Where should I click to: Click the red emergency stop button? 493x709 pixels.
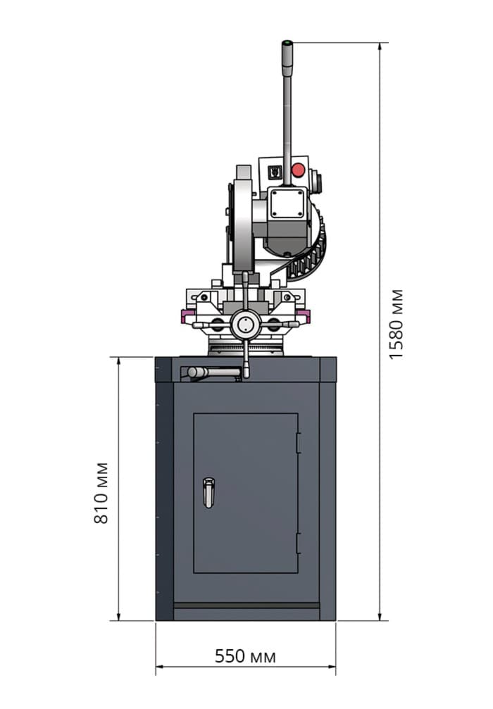pos(298,170)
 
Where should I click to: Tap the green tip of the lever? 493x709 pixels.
pos(287,43)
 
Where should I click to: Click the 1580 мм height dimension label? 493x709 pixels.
pos(397,324)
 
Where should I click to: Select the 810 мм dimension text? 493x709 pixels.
pos(101,493)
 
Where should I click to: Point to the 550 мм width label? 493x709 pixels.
pos(245,656)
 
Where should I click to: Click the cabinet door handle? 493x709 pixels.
pos(208,492)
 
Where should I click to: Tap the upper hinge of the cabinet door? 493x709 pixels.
pos(299,443)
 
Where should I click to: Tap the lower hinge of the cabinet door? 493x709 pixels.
pos(299,544)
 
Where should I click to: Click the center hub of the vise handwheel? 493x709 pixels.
pos(245,324)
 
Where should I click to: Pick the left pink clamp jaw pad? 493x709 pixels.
pos(187,315)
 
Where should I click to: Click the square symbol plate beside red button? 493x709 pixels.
pos(275,172)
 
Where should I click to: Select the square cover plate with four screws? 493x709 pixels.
pos(287,203)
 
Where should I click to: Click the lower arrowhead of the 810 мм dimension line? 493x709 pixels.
pos(119,615)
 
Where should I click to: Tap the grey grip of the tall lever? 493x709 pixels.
pos(287,58)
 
